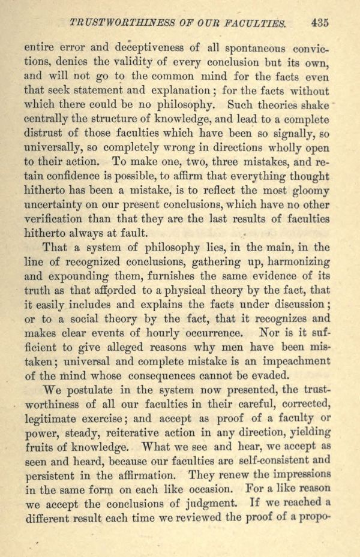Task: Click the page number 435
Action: point(320,23)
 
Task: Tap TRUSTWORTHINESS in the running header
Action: point(122,23)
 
